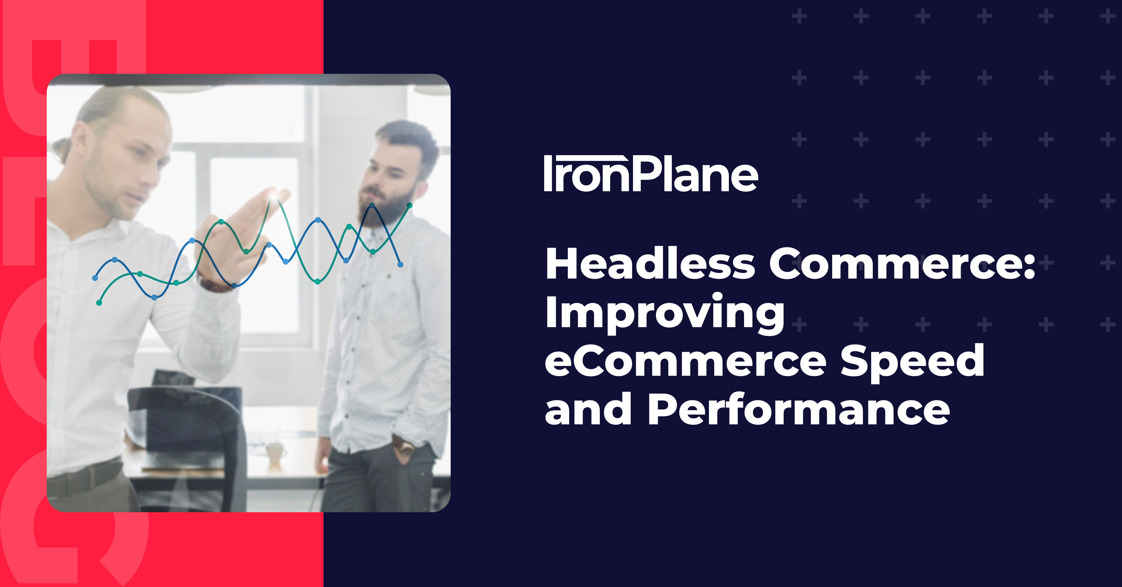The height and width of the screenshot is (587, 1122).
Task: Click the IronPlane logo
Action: coord(651,174)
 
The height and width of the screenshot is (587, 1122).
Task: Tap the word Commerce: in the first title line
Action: coord(902,264)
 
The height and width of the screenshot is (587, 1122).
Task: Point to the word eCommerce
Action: coord(685,362)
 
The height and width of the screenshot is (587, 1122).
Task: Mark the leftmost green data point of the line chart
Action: coord(99,303)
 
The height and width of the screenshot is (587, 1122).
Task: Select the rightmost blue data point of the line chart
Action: coord(400,264)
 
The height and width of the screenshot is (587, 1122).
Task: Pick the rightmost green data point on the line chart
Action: coord(410,205)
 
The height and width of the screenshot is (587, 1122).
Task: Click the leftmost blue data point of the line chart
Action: coord(95,278)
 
